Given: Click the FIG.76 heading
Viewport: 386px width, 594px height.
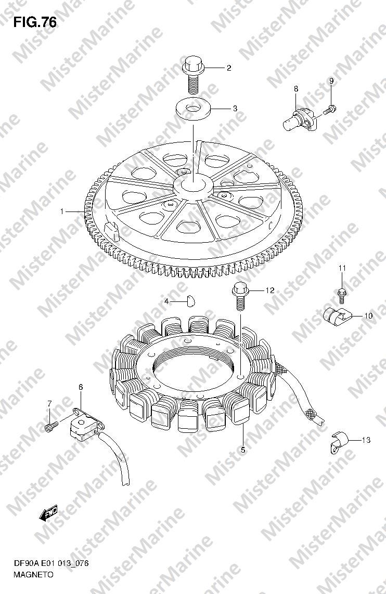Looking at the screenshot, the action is [x=35, y=23].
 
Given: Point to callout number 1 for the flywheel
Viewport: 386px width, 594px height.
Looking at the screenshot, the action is [x=62, y=212].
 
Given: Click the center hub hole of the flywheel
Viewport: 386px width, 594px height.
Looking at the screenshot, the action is [x=193, y=184].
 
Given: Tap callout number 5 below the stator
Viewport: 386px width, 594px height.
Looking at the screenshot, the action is [x=242, y=450].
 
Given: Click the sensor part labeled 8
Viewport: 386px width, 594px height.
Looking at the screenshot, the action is [x=300, y=117].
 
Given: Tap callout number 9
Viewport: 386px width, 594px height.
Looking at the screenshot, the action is [x=331, y=81].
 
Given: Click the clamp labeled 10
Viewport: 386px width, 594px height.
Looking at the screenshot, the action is [x=337, y=315].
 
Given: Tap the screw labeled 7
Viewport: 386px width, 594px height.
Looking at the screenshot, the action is [x=51, y=426].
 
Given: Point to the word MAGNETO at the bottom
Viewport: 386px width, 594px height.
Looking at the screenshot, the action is [x=33, y=574].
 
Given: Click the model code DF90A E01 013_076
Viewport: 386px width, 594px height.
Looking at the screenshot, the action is [x=51, y=564].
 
